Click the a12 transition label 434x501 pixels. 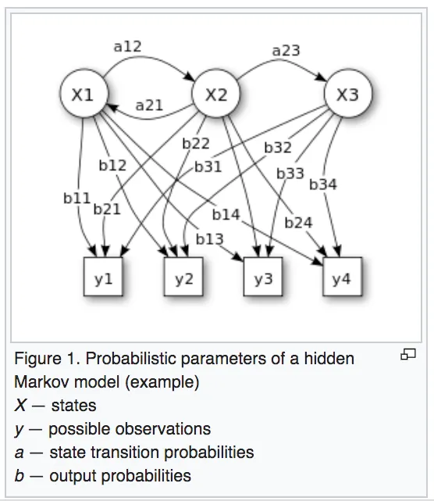[128, 47]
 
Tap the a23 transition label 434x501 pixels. [286, 51]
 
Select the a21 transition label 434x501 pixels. [149, 105]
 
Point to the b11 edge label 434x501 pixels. [77, 198]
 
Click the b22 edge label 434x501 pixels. [196, 144]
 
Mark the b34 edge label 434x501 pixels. [323, 184]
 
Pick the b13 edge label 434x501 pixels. [210, 239]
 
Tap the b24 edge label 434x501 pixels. [298, 223]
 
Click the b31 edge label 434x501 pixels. [208, 166]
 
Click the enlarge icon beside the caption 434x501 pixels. [408, 354]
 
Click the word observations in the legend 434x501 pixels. [163, 429]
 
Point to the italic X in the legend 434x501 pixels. [20, 406]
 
